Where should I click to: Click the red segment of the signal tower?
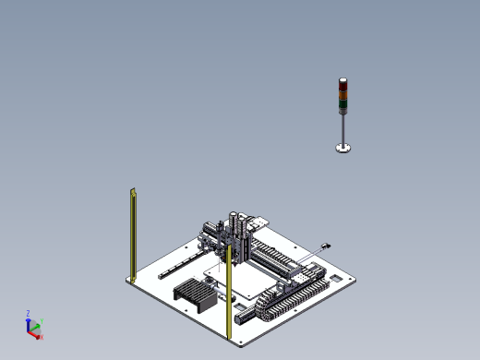[342, 84]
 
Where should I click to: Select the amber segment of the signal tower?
[342, 93]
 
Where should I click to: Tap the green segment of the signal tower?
[342, 102]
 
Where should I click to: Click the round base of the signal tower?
[342, 148]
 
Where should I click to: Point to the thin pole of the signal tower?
[342, 127]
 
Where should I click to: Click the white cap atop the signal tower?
[342, 78]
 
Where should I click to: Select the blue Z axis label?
[29, 313]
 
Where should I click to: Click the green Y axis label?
[42, 321]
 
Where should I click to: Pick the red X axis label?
[42, 337]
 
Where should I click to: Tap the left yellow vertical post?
[133, 234]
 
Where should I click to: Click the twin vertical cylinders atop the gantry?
[239, 226]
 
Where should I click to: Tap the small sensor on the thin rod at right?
[325, 246]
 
